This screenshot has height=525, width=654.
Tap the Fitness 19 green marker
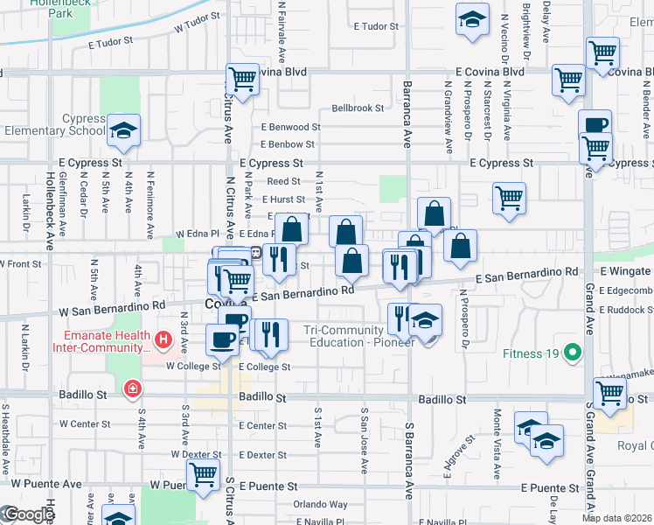click(572, 353)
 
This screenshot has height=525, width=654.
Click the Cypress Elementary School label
click(54, 125)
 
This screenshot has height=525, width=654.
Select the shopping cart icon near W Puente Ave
click(204, 475)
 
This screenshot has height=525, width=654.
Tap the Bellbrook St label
click(358, 108)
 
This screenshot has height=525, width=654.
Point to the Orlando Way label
click(321, 504)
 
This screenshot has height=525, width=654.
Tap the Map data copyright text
click(616, 518)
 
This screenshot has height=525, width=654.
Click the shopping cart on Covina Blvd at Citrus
click(243, 79)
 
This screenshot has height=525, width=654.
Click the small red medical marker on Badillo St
click(132, 388)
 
